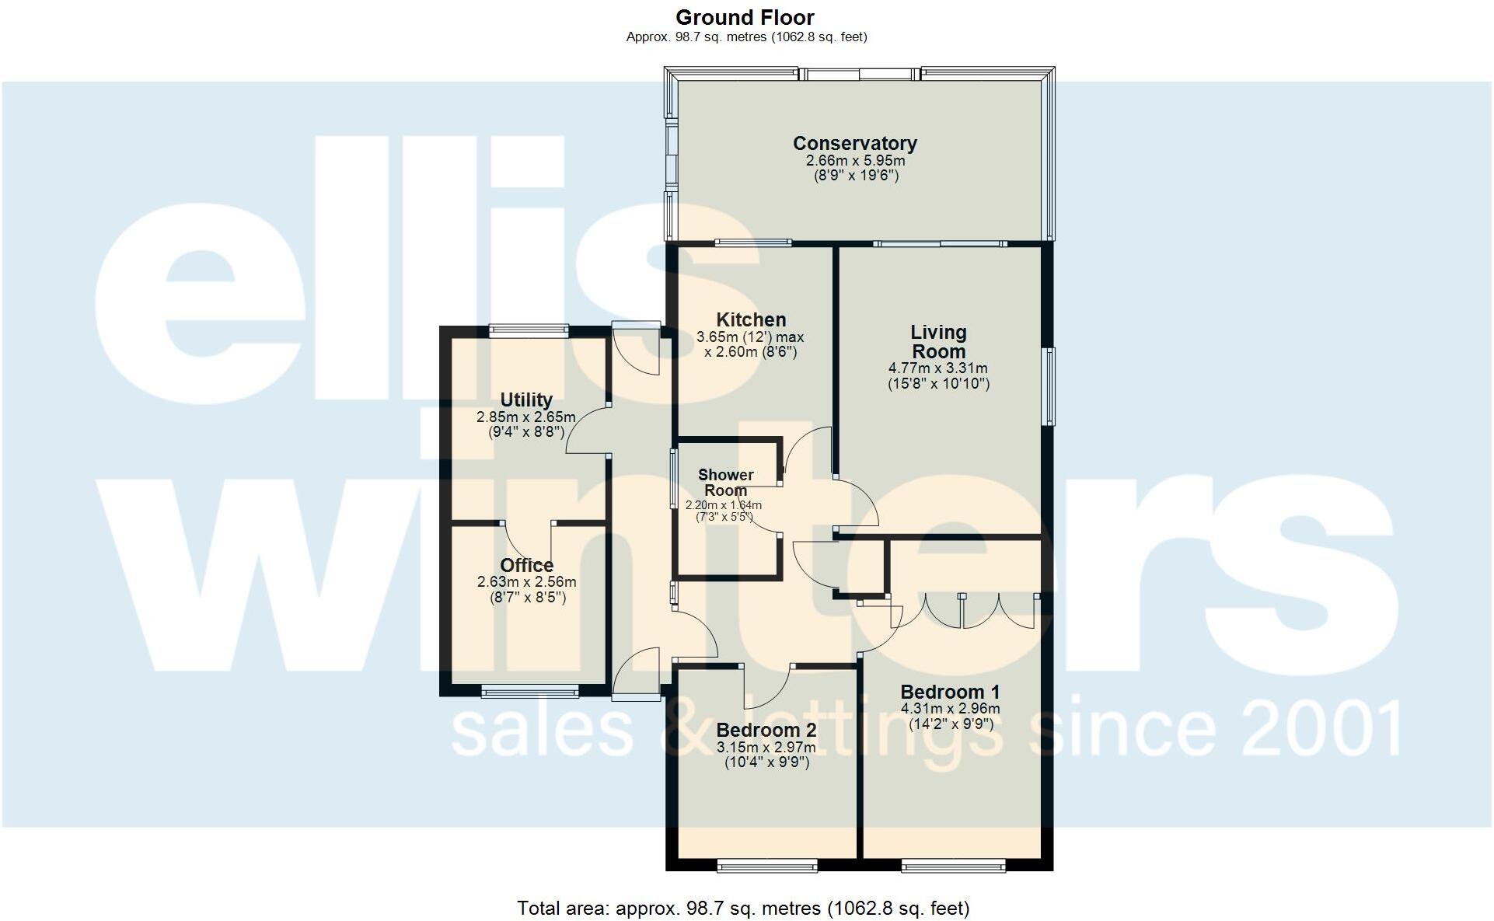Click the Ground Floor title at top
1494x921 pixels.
(745, 17)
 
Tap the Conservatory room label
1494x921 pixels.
(854, 143)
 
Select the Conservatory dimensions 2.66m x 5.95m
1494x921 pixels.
(855, 161)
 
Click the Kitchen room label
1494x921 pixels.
(750, 319)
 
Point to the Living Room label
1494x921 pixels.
(938, 341)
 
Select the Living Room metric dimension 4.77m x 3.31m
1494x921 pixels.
(938, 368)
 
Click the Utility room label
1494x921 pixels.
(525, 399)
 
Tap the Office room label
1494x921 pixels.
(526, 565)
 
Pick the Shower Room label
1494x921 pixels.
(725, 482)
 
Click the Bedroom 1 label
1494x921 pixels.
(950, 692)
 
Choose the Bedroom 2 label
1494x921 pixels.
(766, 730)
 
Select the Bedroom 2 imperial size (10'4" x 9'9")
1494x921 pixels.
(766, 762)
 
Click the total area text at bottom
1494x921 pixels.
(743, 908)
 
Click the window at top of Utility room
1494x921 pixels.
(529, 330)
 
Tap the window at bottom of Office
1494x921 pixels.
(530, 690)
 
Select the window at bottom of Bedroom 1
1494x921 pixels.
(953, 865)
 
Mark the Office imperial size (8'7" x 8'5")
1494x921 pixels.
(526, 597)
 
